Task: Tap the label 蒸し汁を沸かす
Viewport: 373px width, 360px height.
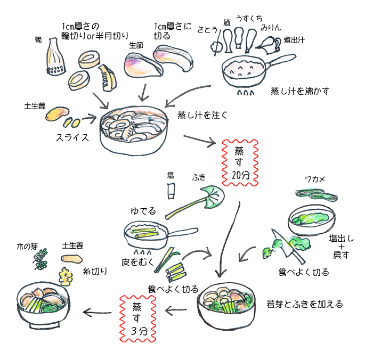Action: [x=300, y=91]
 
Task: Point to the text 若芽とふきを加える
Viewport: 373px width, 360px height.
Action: [x=304, y=305]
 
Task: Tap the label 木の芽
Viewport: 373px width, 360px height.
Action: [x=27, y=247]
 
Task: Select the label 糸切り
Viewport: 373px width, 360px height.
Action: [x=95, y=271]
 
